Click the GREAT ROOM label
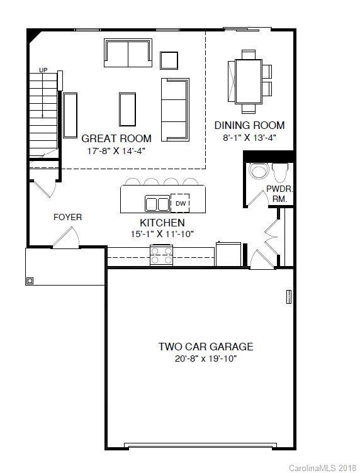[x=116, y=138]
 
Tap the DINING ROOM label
[x=249, y=125]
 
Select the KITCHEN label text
[x=162, y=223]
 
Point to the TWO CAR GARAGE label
[x=205, y=347]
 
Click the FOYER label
[x=67, y=217]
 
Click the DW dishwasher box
[x=181, y=203]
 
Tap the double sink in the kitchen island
[x=157, y=204]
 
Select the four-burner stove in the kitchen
[x=162, y=255]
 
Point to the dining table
[x=249, y=81]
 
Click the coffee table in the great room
[x=127, y=110]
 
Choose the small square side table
[x=169, y=60]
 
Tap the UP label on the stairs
[x=43, y=70]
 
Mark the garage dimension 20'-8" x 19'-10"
[x=205, y=359]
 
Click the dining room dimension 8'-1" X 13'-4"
[x=249, y=137]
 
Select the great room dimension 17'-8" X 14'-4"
[x=116, y=151]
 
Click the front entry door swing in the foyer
[x=66, y=238]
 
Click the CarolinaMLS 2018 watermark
[x=322, y=467]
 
